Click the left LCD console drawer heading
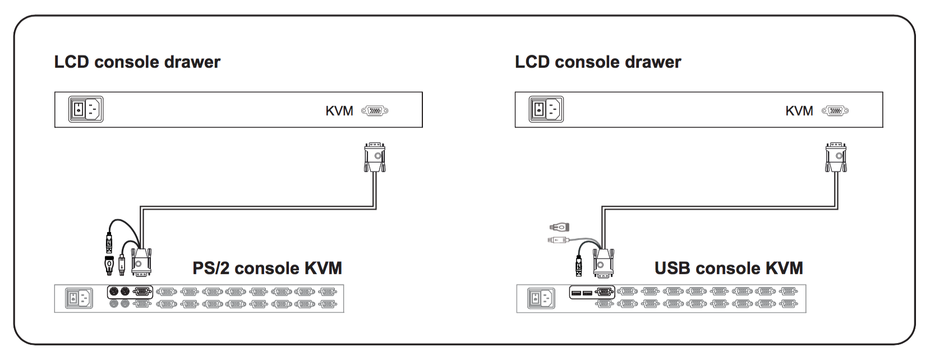(137, 62)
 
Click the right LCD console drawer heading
(598, 62)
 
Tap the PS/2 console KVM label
(267, 268)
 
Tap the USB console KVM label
(729, 268)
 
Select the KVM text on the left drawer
(339, 111)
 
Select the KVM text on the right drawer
(799, 111)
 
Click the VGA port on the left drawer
(375, 111)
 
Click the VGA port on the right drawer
(835, 111)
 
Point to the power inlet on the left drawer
(86, 109)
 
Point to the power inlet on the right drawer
(546, 109)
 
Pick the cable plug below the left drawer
(375, 158)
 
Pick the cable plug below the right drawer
(836, 158)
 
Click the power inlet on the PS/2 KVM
(79, 298)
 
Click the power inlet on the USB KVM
(541, 298)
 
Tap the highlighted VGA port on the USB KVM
(605, 293)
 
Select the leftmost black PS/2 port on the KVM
(114, 292)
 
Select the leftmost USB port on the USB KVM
(576, 293)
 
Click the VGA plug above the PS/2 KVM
(141, 262)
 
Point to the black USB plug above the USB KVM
(579, 266)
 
